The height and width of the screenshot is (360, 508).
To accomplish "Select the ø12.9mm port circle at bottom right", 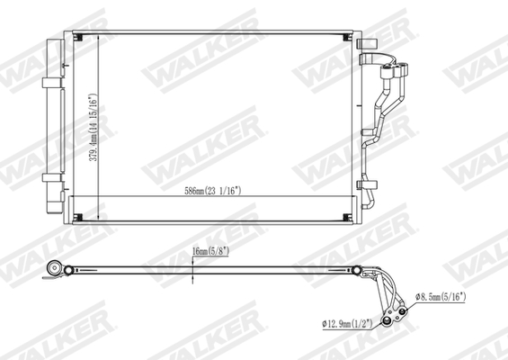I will (388, 321).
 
